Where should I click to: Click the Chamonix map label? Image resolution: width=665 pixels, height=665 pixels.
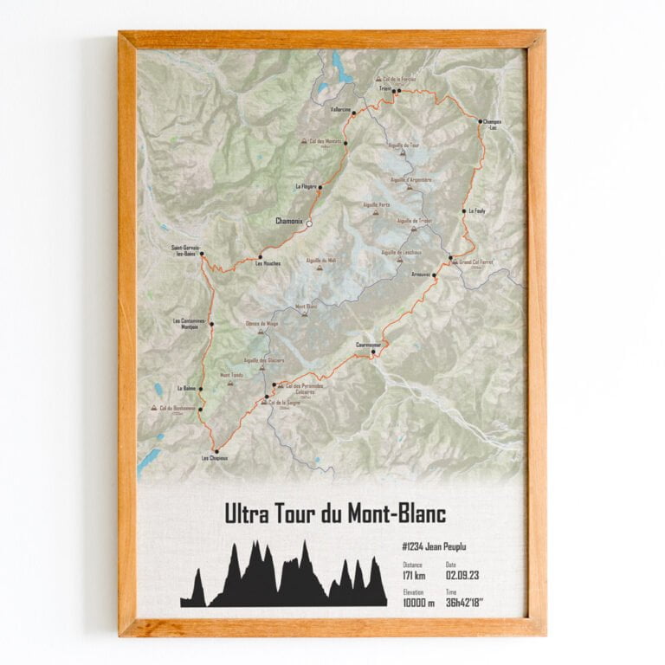tap(289, 222)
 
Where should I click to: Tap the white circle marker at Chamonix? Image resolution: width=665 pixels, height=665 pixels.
tap(309, 223)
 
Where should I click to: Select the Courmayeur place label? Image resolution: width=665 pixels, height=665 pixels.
tap(367, 344)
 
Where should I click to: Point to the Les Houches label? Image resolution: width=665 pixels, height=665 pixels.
tap(267, 263)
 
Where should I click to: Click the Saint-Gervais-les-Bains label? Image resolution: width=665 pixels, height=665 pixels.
tap(187, 251)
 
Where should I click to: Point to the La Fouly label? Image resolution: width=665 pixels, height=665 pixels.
tap(478, 210)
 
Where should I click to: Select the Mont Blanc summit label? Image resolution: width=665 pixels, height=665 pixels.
tap(307, 307)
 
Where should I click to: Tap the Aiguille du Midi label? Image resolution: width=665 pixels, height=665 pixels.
tap(320, 260)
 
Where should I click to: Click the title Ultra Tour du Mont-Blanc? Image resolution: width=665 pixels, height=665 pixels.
tap(335, 513)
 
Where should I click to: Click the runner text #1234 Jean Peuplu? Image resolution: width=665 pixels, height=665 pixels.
tap(441, 547)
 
